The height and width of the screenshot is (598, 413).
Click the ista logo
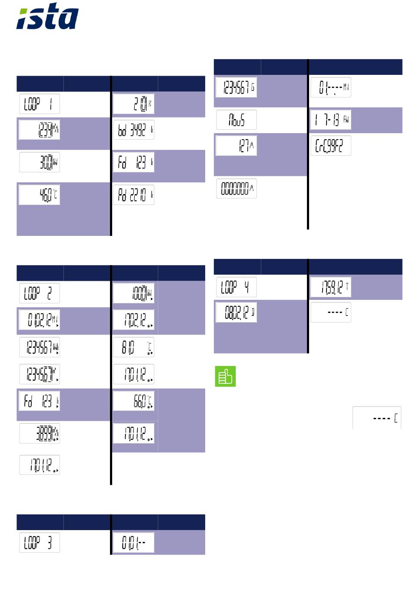47,17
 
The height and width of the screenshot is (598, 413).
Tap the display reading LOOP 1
40,104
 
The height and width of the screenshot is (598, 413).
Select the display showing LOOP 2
40,293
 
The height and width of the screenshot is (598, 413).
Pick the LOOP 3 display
40,542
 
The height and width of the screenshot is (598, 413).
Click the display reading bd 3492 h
133,130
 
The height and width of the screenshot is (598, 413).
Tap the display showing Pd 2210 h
133,195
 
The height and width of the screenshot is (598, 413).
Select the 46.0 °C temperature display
40,195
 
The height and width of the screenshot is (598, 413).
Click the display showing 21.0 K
133,104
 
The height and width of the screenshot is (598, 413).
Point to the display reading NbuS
236,120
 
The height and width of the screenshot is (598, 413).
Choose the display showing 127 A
236,145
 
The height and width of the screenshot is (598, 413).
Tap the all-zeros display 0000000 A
236,188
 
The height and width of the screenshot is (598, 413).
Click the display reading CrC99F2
331,146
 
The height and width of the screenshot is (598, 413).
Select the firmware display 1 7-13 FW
331,120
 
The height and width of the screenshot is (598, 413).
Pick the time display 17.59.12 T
331,287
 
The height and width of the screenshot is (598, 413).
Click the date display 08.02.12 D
236,312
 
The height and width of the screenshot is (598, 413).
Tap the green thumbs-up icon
225,376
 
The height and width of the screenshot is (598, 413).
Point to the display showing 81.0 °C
133,347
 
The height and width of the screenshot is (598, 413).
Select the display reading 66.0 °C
133,401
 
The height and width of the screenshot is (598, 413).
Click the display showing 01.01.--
133,542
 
